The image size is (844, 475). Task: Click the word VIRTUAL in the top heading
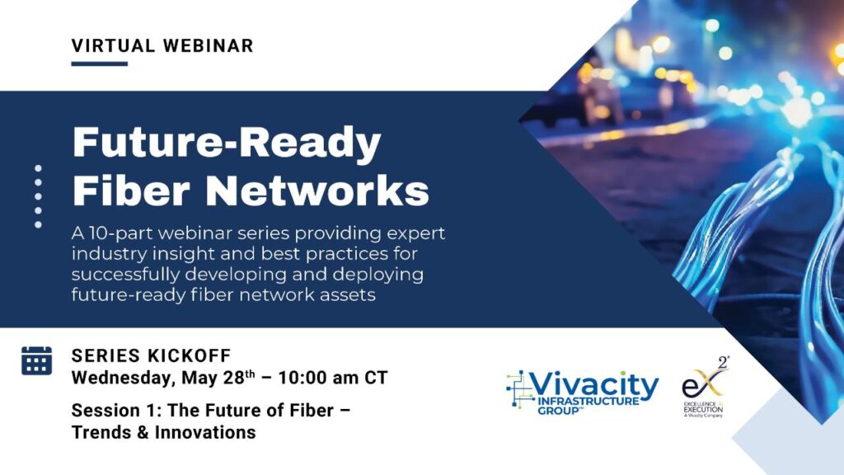click(x=113, y=46)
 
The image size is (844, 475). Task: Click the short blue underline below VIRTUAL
click(x=100, y=63)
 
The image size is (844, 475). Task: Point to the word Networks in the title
click(x=317, y=190)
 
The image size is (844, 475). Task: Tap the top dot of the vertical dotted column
click(x=38, y=168)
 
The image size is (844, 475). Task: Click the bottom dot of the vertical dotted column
click(x=38, y=224)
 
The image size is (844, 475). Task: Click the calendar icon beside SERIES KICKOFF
click(x=36, y=360)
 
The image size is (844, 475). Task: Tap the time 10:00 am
click(x=318, y=378)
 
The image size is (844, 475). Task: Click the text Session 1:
click(x=117, y=411)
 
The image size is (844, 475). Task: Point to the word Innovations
click(x=205, y=432)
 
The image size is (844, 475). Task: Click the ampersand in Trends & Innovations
click(x=143, y=432)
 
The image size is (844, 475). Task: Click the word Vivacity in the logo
click(x=594, y=385)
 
